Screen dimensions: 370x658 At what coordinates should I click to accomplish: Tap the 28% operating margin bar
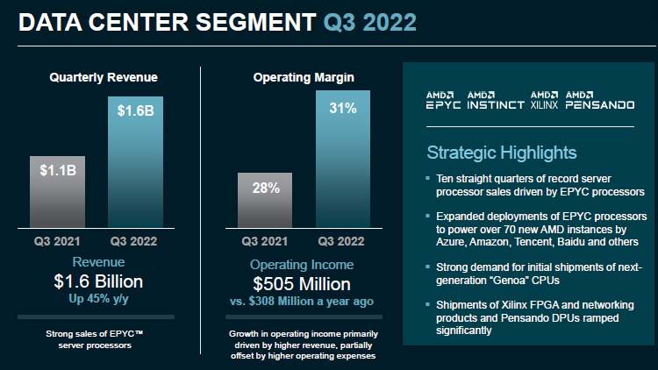tap(267, 198)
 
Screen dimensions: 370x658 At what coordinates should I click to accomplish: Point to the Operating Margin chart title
tap(304, 78)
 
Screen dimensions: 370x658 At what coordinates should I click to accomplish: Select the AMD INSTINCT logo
tap(496, 99)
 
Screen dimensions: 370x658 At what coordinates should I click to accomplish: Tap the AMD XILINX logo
tap(544, 99)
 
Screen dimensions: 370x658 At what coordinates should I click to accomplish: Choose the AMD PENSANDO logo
tap(599, 99)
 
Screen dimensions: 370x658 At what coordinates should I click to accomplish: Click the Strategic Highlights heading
tap(502, 153)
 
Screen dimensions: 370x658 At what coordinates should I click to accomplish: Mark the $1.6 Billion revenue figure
tap(98, 282)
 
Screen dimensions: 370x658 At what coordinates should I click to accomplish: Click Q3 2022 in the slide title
tap(369, 22)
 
